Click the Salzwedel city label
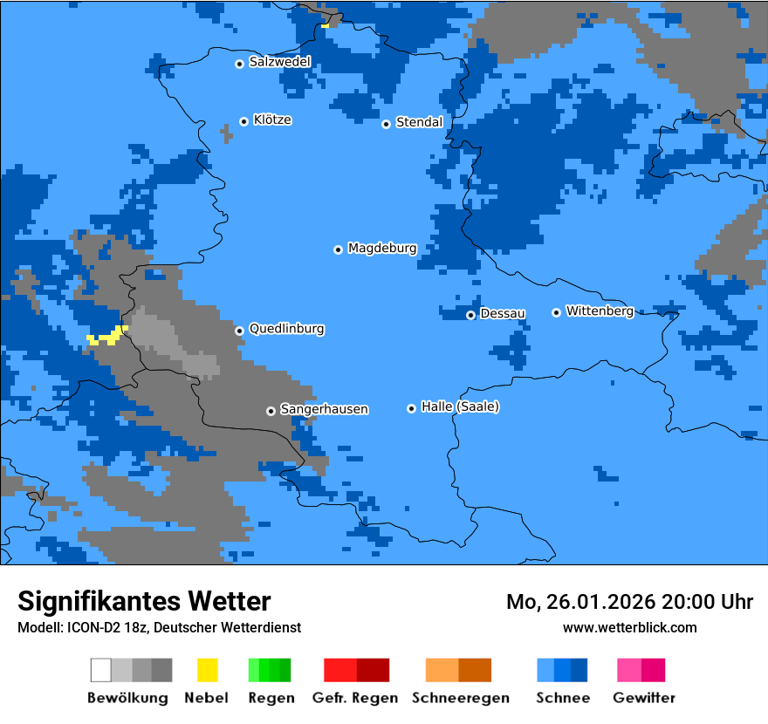click(x=279, y=62)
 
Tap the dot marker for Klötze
click(x=244, y=121)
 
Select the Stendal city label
click(x=419, y=122)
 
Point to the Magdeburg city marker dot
click(x=338, y=249)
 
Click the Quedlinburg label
click(x=286, y=329)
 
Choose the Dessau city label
click(x=503, y=313)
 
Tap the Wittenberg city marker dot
click(x=556, y=312)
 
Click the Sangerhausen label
click(x=324, y=409)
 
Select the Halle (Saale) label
click(x=460, y=406)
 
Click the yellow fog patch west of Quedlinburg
click(x=106, y=336)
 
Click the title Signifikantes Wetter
click(x=144, y=601)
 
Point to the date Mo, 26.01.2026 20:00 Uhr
click(x=629, y=602)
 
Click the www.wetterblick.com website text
click(x=629, y=627)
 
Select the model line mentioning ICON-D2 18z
click(x=159, y=627)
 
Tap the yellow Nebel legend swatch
click(x=207, y=670)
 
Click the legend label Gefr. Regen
click(x=354, y=698)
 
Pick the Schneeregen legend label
click(x=459, y=698)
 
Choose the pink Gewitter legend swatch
click(x=629, y=670)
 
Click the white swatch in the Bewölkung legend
click(x=101, y=670)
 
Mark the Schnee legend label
click(x=562, y=698)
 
